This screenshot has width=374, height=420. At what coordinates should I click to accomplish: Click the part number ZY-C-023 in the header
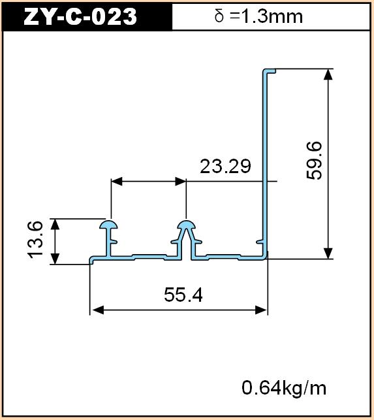pos(80,16)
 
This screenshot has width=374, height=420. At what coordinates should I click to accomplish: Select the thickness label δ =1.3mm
pos(258,16)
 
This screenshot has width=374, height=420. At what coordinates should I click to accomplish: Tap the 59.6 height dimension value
pos(314,161)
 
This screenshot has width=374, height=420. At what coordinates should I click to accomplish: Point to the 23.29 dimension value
pos(225,166)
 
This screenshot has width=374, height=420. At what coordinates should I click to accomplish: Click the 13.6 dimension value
pos(35,240)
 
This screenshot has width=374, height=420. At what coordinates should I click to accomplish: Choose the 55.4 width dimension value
pos(183,295)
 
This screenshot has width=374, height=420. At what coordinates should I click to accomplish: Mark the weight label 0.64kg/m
pos(284,388)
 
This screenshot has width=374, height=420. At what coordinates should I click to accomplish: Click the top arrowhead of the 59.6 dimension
pos(328,74)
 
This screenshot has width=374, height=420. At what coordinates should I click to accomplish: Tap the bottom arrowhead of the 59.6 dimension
pos(328,253)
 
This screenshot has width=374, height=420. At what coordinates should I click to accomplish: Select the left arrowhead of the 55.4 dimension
pos(97,310)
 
